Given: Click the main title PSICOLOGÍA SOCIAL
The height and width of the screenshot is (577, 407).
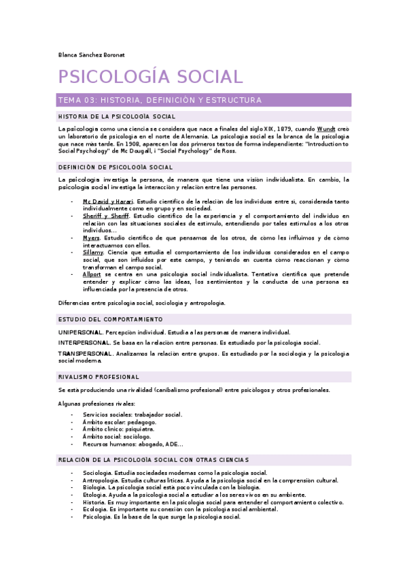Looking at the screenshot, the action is coord(150,76).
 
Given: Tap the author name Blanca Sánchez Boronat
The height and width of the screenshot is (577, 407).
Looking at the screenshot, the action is coord(92,54).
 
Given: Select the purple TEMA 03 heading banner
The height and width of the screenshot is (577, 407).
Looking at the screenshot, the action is coord(205,100).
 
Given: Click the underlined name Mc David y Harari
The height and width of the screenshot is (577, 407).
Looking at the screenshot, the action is coord(109,202).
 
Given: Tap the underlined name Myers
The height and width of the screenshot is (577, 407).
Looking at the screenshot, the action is coord(91,238).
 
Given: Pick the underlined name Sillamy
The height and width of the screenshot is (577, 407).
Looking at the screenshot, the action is coord(93,252).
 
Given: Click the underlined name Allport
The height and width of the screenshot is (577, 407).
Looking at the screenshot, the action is coord(92,275).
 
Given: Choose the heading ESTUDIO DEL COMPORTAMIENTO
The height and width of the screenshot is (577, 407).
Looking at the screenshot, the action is coord(110,319).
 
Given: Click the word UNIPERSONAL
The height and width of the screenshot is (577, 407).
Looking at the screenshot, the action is coord(80,332).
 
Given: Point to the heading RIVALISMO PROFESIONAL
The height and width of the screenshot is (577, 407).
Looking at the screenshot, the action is coord(99,377).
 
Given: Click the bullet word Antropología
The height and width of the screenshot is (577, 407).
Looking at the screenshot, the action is coord(100,480).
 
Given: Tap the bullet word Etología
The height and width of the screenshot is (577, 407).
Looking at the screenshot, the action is coord(94,495).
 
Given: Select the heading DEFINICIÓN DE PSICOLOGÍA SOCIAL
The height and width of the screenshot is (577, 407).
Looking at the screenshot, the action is coord(116,167).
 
